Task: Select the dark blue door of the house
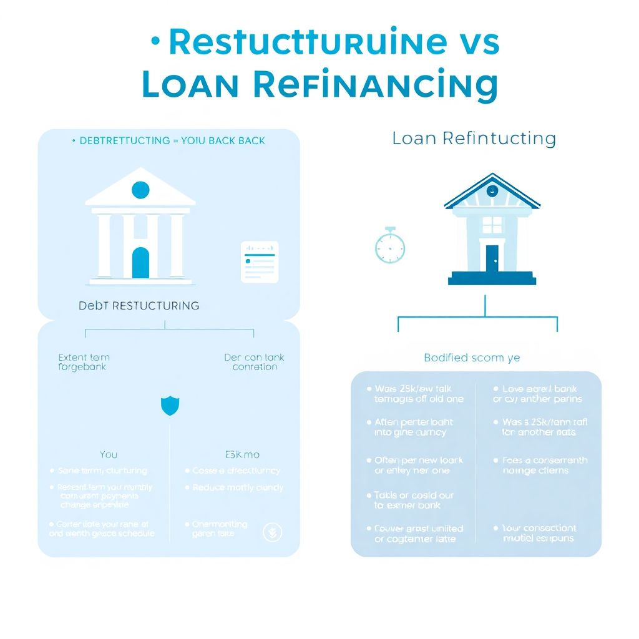click(x=492, y=258)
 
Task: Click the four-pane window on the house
click(x=492, y=225)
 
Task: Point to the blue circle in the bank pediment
click(x=140, y=190)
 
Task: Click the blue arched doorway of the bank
click(x=140, y=263)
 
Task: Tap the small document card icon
click(x=260, y=261)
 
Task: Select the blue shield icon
click(x=170, y=406)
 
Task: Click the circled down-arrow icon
click(x=273, y=532)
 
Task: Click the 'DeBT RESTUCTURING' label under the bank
click(x=139, y=306)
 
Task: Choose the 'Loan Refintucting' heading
click(x=474, y=139)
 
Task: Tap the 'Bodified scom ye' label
click(x=472, y=358)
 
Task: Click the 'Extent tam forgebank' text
click(x=84, y=362)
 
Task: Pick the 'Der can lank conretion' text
click(x=254, y=362)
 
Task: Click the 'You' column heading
click(x=109, y=454)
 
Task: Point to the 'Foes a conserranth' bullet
click(x=545, y=465)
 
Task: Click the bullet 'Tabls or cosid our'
click(x=414, y=500)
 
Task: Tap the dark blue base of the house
click(x=492, y=278)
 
